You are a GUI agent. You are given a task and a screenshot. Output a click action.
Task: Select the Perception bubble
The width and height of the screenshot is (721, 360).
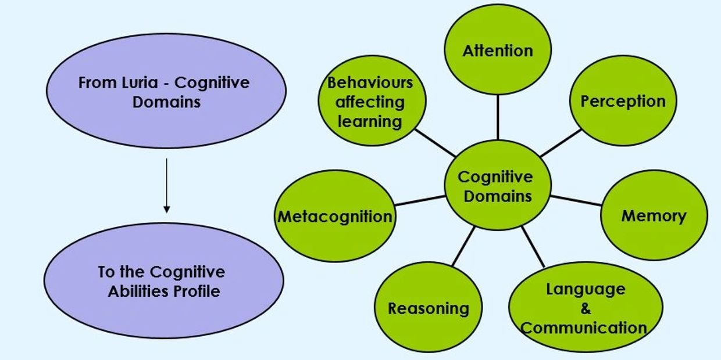pos(623,100)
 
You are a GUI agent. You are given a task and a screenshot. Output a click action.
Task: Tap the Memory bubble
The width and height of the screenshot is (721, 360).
pos(654,215)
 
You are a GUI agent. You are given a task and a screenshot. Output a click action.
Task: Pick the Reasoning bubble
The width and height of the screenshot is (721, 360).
pos(429,308)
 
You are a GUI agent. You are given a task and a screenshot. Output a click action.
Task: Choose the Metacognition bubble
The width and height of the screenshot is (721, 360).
pos(334,217)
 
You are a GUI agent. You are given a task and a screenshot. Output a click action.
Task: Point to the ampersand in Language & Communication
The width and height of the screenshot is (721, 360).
pos(586,308)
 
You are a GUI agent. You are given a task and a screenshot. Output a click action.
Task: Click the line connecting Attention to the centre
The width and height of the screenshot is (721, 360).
pos(498,116)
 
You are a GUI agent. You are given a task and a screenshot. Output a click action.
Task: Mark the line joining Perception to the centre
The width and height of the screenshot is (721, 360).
pos(561,143)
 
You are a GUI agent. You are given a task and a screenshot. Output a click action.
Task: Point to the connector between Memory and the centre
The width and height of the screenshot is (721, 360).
pos(576,200)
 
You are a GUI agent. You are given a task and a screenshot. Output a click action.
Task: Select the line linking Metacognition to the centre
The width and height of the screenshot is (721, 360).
pos(420,200)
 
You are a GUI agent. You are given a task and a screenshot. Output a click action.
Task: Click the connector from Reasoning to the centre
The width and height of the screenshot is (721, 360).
pos(463,246)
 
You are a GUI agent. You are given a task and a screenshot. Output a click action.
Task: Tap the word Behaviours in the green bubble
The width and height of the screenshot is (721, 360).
pos(370,82)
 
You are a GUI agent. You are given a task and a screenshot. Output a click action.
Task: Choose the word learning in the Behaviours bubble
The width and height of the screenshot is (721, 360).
pos(370,121)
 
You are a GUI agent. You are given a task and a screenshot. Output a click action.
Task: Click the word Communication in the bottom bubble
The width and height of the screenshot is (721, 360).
pos(584,327)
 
